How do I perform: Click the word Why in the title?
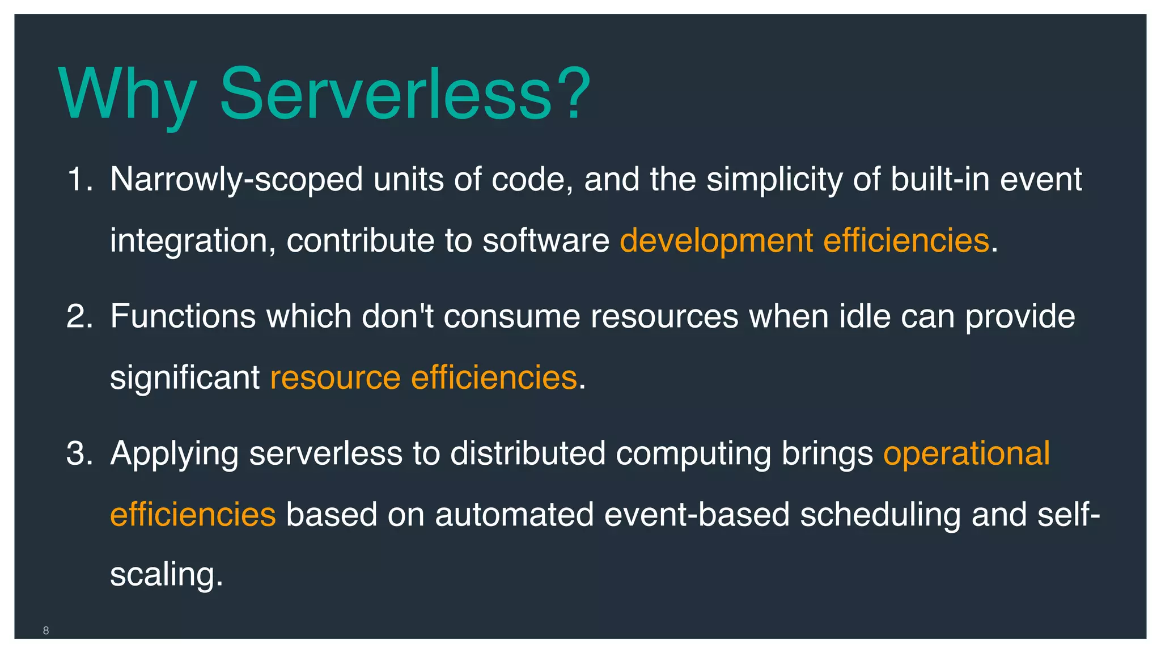click(128, 94)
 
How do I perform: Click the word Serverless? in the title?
click(405, 94)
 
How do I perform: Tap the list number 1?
click(79, 179)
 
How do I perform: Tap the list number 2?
click(79, 316)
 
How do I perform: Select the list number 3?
click(79, 453)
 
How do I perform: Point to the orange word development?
click(716, 241)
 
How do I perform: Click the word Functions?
click(183, 316)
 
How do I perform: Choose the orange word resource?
click(335, 378)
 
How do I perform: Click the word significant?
click(184, 378)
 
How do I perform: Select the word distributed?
click(528, 453)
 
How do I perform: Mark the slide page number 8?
click(46, 630)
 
